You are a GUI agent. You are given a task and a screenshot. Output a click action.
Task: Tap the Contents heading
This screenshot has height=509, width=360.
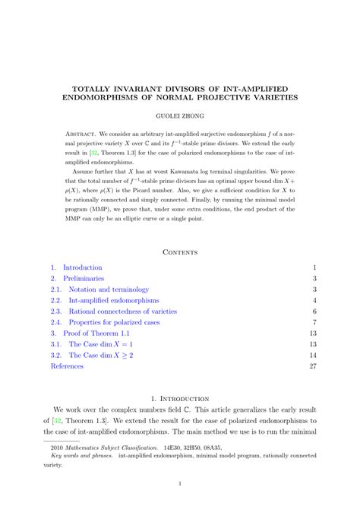[180, 251]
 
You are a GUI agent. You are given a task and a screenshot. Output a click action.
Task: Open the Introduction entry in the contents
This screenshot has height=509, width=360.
[82, 267]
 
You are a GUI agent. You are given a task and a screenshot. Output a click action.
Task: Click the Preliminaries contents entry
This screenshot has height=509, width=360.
[84, 279]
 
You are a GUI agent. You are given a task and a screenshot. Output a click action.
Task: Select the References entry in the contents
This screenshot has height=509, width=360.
[68, 365]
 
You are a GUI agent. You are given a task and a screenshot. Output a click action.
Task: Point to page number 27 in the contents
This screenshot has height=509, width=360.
[312, 365]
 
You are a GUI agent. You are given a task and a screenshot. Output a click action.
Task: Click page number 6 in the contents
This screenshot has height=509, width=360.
[314, 311]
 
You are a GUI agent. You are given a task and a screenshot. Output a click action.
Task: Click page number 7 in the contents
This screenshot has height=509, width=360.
[314, 322]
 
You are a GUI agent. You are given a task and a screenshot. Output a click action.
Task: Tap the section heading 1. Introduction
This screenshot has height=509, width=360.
[180, 397]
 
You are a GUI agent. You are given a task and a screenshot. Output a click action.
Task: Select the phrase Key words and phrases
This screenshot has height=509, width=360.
[81, 459]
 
